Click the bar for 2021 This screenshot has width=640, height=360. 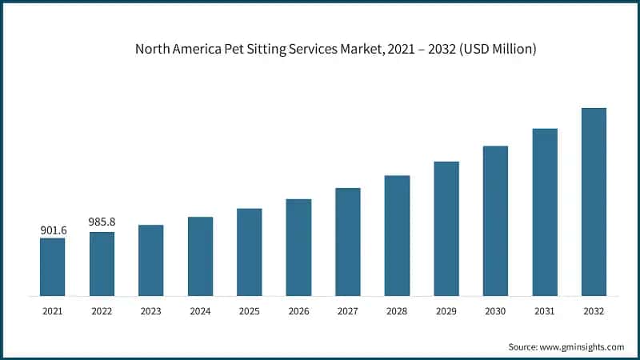point(53,266)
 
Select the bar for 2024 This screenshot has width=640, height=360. point(201,256)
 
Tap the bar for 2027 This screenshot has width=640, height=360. point(348,242)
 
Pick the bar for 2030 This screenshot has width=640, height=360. point(495,221)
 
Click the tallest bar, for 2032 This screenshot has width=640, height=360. point(594,202)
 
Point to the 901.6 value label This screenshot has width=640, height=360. point(53,230)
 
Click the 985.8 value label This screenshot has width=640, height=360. point(102,224)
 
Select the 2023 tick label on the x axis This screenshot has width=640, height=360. point(151,310)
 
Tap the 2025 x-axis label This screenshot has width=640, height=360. point(250,310)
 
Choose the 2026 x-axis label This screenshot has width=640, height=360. point(298,310)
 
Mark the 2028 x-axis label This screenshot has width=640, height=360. point(397,310)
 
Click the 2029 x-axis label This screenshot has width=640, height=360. point(446,310)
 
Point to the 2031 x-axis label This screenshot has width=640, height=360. point(545,310)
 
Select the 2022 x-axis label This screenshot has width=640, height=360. point(102,310)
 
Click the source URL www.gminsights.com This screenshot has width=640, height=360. point(581,347)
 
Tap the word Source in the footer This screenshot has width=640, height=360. point(523,347)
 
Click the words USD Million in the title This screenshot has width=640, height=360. point(502,50)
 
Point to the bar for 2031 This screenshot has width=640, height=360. point(545,212)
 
